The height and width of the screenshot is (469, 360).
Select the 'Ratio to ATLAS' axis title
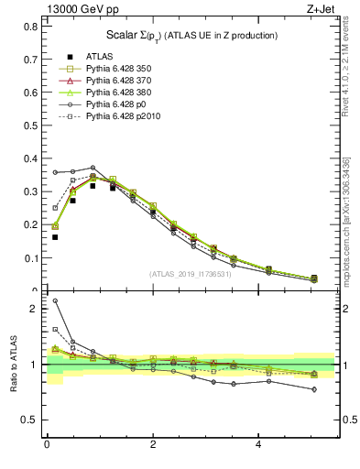[x=14, y=365]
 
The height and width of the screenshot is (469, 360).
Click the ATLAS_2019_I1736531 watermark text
[x=190, y=274]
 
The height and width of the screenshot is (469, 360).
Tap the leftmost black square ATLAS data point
[x=55, y=237]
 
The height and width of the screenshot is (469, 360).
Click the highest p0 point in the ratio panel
[x=55, y=300]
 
